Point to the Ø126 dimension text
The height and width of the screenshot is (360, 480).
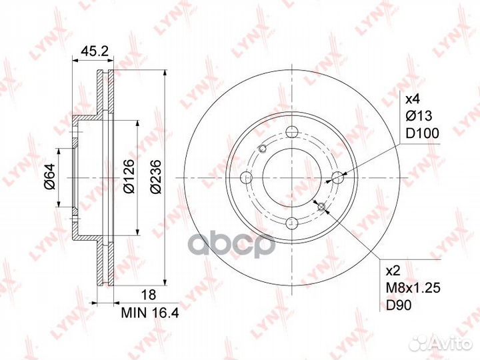pyautogui.click(x=129, y=178)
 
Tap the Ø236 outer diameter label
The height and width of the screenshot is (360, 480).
pyautogui.click(x=155, y=178)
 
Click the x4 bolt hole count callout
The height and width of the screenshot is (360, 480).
pyautogui.click(x=413, y=99)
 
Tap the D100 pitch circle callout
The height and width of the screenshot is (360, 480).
pyautogui.click(x=422, y=133)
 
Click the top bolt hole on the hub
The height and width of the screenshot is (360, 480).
pyautogui.click(x=292, y=131)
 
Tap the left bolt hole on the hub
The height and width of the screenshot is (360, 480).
pyautogui.click(x=246, y=177)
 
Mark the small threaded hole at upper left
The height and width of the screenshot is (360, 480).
pyautogui.click(x=263, y=148)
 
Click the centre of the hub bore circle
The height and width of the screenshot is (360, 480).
pyautogui.click(x=292, y=177)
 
